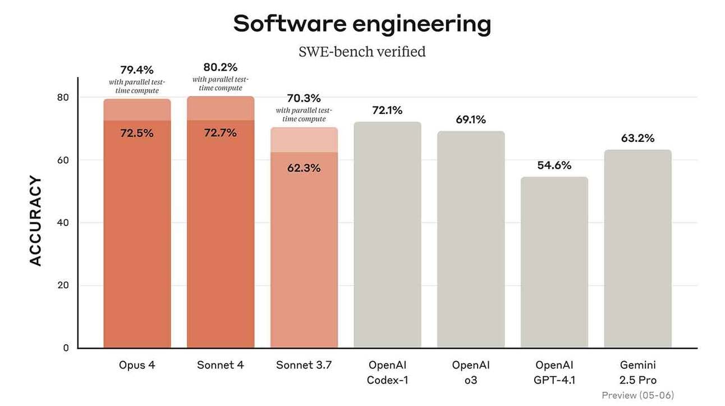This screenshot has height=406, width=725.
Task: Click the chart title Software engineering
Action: pos(362,24)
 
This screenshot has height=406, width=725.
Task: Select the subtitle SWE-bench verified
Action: pos(362,52)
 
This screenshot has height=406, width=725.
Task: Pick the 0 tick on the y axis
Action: pos(66,348)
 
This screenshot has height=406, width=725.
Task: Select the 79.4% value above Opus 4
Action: pos(137,70)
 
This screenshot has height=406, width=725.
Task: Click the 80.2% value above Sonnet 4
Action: pos(221,67)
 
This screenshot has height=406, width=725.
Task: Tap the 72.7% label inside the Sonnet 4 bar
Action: pos(221,133)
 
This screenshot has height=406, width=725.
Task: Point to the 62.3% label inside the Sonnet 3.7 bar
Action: pos(304,168)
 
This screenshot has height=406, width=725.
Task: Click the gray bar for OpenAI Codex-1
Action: pos(387,236)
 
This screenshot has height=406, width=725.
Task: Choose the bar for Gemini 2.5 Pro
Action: pos(638,249)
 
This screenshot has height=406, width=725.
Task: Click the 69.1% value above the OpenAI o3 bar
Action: pos(471,119)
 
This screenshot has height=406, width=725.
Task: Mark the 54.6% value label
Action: pos(554,165)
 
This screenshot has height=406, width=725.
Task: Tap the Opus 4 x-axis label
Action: pos(137,365)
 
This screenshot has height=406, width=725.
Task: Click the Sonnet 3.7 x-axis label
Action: pos(304,365)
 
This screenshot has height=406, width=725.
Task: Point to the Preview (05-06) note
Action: pos(638,395)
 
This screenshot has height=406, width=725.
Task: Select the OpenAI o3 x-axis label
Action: pos(471,372)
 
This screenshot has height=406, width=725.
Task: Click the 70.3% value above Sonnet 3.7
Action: pos(304,98)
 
